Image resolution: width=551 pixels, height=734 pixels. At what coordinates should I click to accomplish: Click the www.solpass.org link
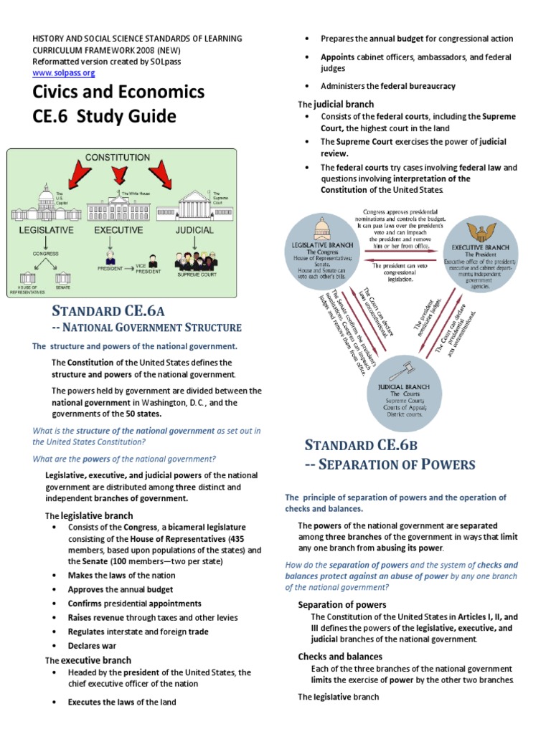pos(64,72)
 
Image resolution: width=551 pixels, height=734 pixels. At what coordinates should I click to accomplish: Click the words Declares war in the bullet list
pos(93,645)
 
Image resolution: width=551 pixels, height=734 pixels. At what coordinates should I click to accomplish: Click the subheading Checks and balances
pos(340,657)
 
